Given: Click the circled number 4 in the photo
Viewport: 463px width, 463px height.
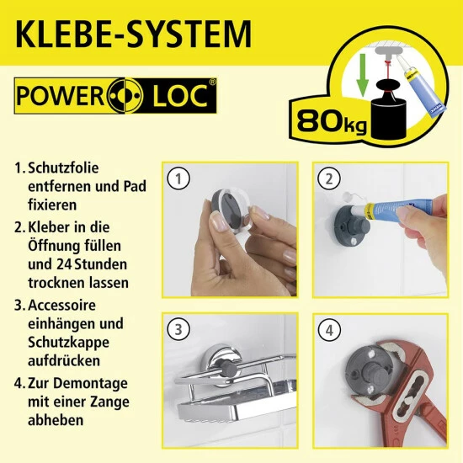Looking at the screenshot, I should click(328, 327).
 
